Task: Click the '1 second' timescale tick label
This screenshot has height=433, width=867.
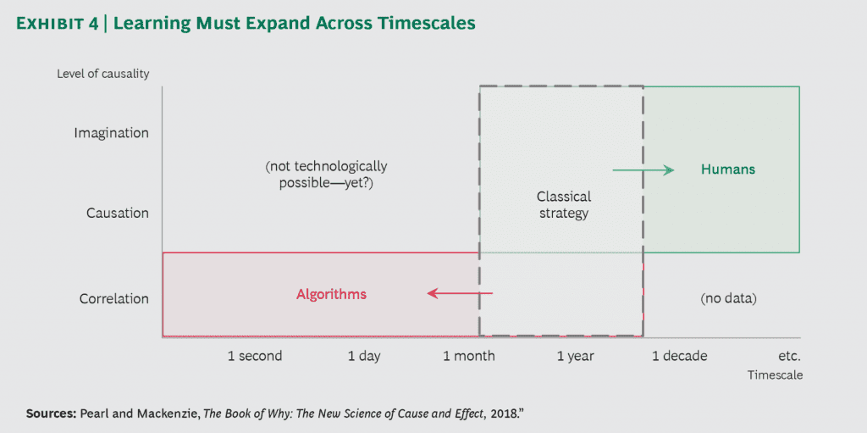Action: [x=255, y=356]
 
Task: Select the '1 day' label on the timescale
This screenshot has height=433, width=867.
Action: [x=364, y=356]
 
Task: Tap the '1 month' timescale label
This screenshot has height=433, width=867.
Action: [x=469, y=356]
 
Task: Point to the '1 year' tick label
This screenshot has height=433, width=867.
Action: [x=576, y=356]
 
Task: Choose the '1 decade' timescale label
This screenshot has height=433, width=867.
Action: [x=679, y=356]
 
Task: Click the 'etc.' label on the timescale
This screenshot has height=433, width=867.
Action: [x=789, y=356]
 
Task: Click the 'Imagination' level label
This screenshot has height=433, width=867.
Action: [x=111, y=133]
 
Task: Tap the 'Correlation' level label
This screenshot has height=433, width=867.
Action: [x=113, y=299]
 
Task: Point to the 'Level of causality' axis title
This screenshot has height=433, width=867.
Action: [x=103, y=74]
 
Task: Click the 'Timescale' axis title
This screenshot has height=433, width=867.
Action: [x=774, y=374]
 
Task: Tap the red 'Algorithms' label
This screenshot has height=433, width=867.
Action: [x=331, y=295]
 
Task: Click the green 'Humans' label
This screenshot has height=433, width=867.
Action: [x=727, y=169]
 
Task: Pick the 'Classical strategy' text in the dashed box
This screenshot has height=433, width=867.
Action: [x=562, y=204]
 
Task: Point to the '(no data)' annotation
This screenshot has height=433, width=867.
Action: [x=728, y=299]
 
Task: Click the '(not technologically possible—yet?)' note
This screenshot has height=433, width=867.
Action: [x=326, y=175]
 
